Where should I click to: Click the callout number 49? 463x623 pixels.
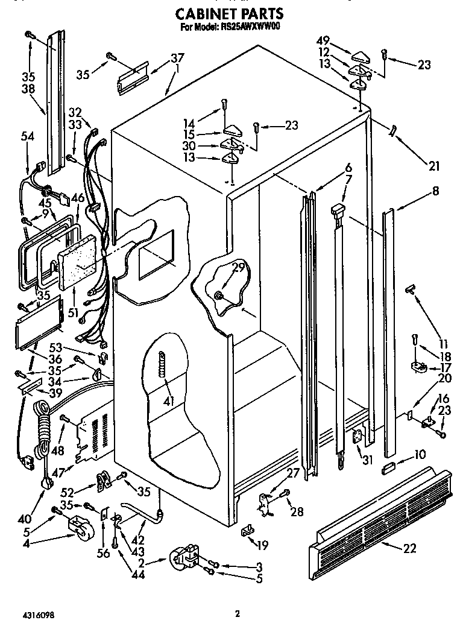[324, 41]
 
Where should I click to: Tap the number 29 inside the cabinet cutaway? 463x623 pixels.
[239, 268]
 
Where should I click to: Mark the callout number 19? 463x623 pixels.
[262, 545]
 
